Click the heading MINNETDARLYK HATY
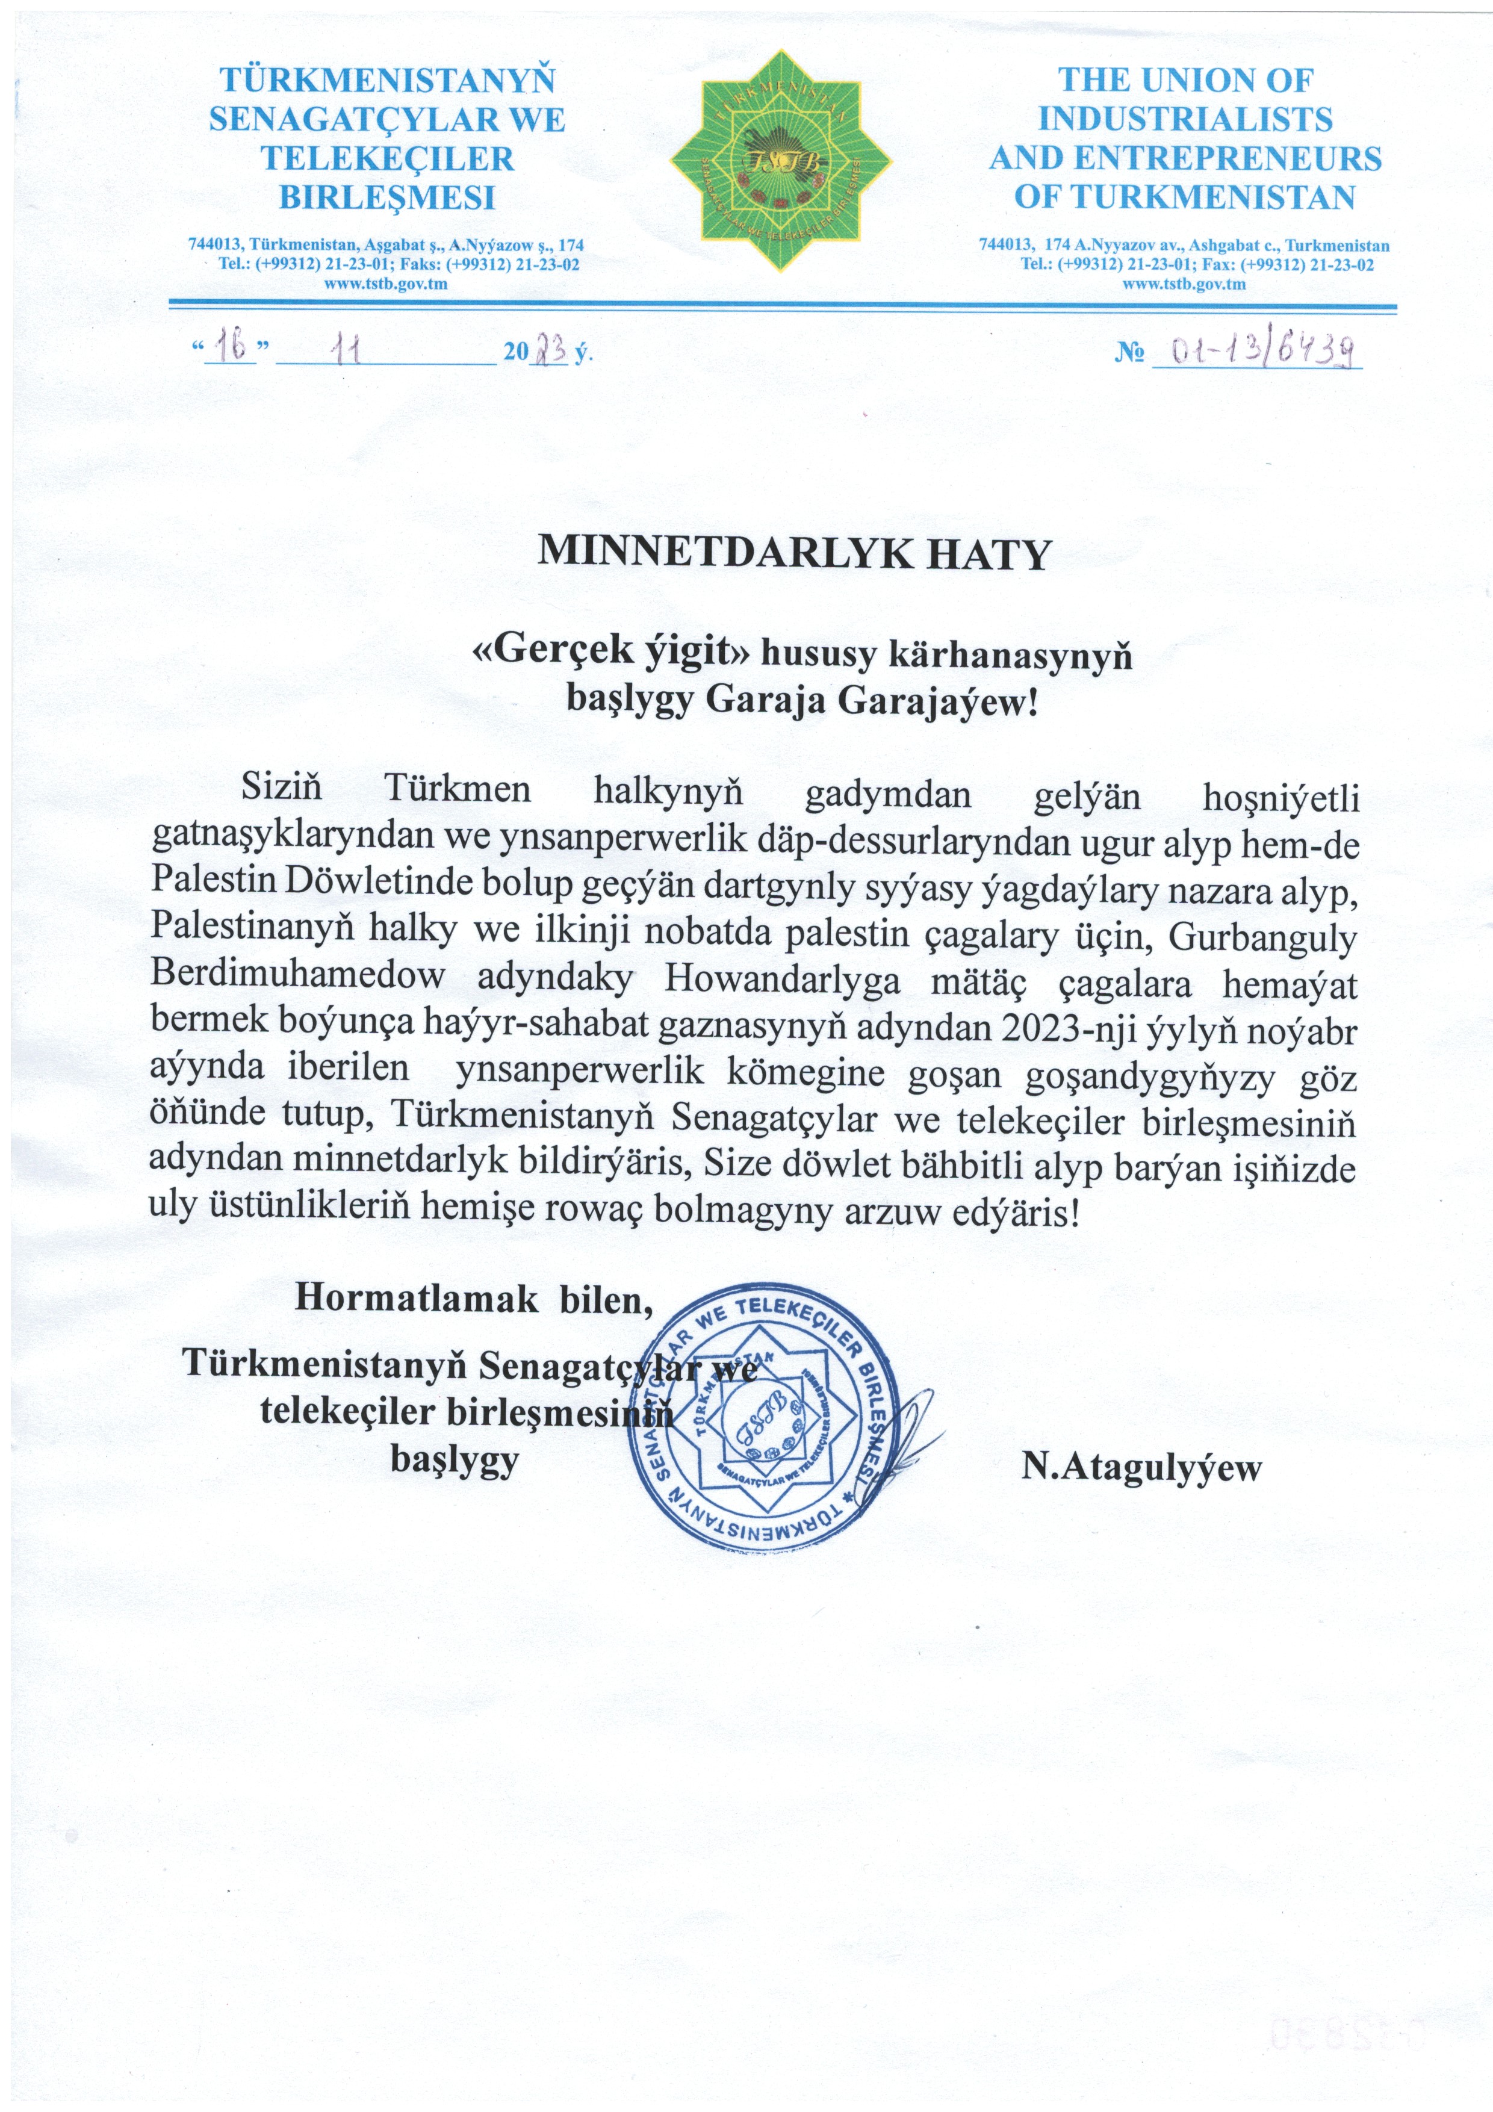pos(793,553)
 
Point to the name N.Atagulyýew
pos(1141,1466)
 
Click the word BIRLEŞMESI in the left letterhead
pos(386,197)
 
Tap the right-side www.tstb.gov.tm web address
pos(1184,284)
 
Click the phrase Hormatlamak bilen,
pos(473,1298)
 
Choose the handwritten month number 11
pos(348,350)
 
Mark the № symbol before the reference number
pos(1128,353)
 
